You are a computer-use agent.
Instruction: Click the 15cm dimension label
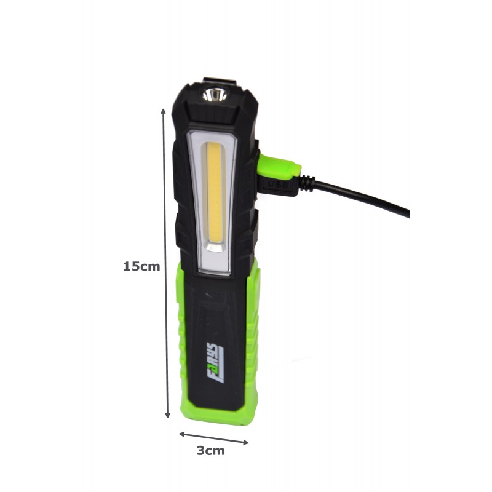pos(141,266)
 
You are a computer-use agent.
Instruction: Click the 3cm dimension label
pos(210,451)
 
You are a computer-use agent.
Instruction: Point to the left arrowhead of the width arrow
pos(182,434)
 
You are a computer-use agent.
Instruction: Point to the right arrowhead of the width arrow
pos(245,442)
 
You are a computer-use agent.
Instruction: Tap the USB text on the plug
pos(278,185)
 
